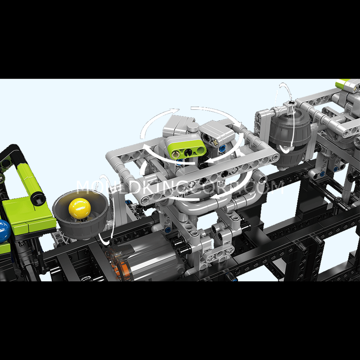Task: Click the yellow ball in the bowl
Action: click(x=80, y=208)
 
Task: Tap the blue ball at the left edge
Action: click(x=4, y=231)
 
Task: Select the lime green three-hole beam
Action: click(x=187, y=148)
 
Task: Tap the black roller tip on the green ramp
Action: click(x=38, y=198)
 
